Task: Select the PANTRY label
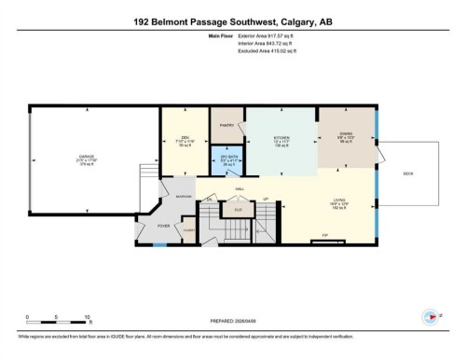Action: pos(226,124)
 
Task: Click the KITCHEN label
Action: pos(281,136)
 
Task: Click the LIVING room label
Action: pos(339,199)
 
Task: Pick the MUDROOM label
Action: pos(185,197)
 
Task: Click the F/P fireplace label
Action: pos(325,234)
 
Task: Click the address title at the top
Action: pos(232,23)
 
